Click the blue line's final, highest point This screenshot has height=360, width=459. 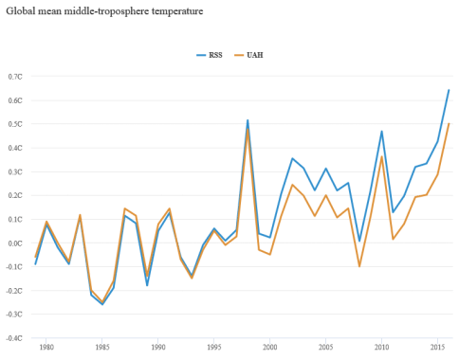pyautogui.click(x=449, y=89)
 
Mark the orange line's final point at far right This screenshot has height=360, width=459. pyautogui.click(x=449, y=123)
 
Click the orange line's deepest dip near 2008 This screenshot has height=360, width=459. pyautogui.click(x=359, y=266)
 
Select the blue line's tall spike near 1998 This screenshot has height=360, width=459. pyautogui.click(x=248, y=119)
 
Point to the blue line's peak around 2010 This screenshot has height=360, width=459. pyautogui.click(x=381, y=131)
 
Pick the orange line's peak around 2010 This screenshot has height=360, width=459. pyautogui.click(x=381, y=156)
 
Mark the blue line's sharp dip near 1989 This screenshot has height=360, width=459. pyautogui.click(x=147, y=285)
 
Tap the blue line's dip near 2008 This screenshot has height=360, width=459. pyautogui.click(x=359, y=243)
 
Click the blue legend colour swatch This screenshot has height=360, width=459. pyautogui.click(x=202, y=55)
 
